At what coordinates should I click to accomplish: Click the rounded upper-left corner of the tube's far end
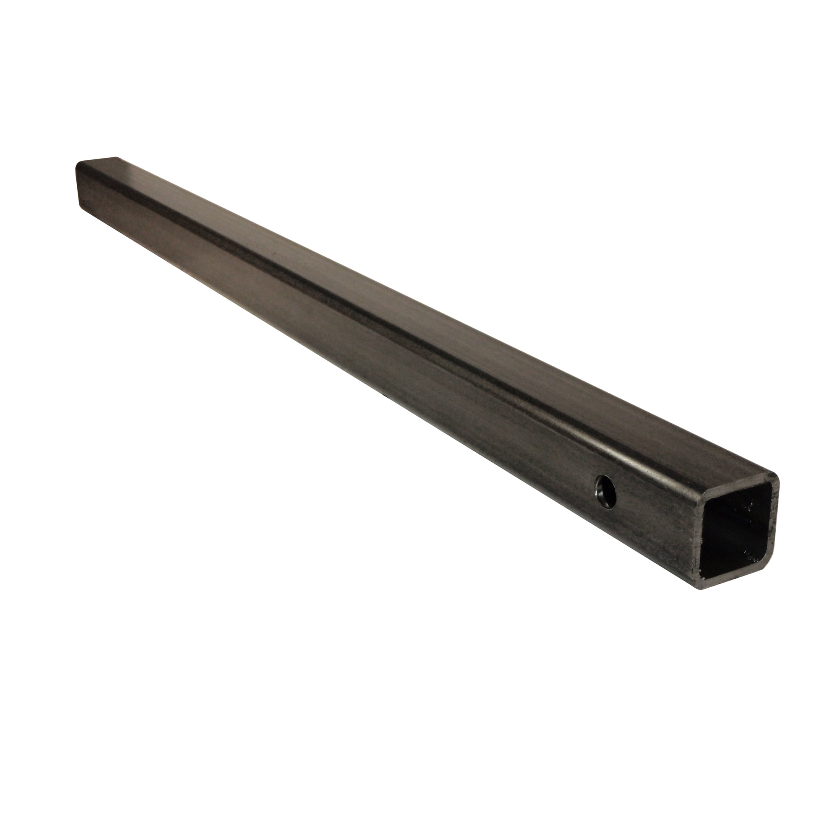pyautogui.click(x=78, y=165)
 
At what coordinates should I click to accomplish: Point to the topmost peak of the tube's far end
pyautogui.click(x=115, y=157)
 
